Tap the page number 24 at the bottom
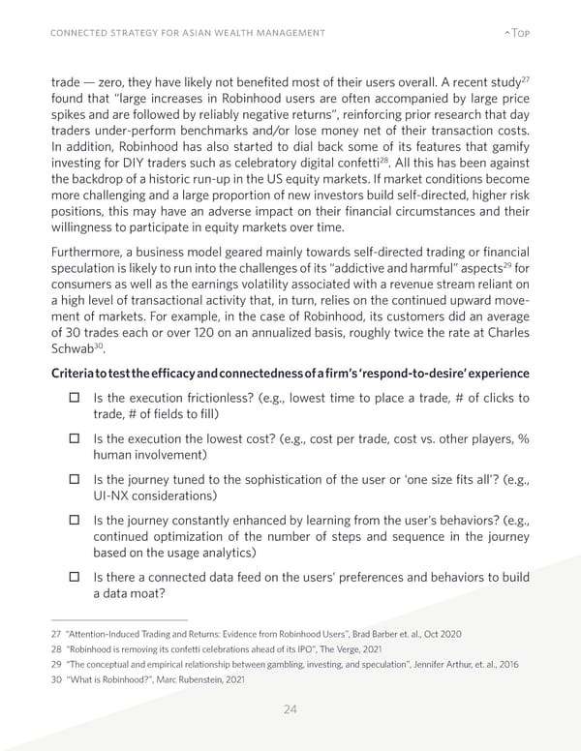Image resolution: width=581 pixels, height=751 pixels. pos(290,709)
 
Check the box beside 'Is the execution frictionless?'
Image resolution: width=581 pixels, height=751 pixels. pos(73,400)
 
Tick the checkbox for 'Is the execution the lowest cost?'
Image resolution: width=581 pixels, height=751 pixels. pos(73,438)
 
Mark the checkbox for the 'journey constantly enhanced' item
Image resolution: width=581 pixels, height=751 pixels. pos(73,520)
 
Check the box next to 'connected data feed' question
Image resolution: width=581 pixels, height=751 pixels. pos(73,578)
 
